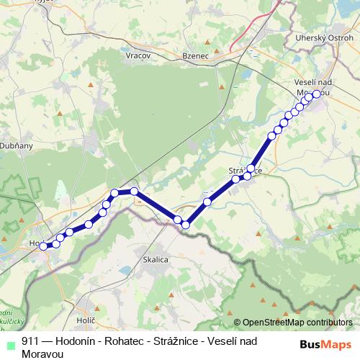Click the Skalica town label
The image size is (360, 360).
coord(156,259)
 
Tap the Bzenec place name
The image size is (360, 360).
coord(196,55)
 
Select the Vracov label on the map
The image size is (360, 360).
coord(137,55)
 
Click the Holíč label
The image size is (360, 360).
coord(85,318)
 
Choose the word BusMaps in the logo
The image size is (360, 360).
coord(325,344)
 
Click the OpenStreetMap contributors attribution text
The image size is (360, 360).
coord(297,323)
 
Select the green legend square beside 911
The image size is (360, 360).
coord(9,343)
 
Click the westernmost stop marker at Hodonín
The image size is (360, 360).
coord(43,246)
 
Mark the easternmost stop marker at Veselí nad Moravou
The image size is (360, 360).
coord(316,94)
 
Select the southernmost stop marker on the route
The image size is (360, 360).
coord(185,225)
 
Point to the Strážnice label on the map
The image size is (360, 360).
coord(245,170)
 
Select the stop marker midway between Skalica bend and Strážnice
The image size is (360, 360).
coord(207,202)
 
